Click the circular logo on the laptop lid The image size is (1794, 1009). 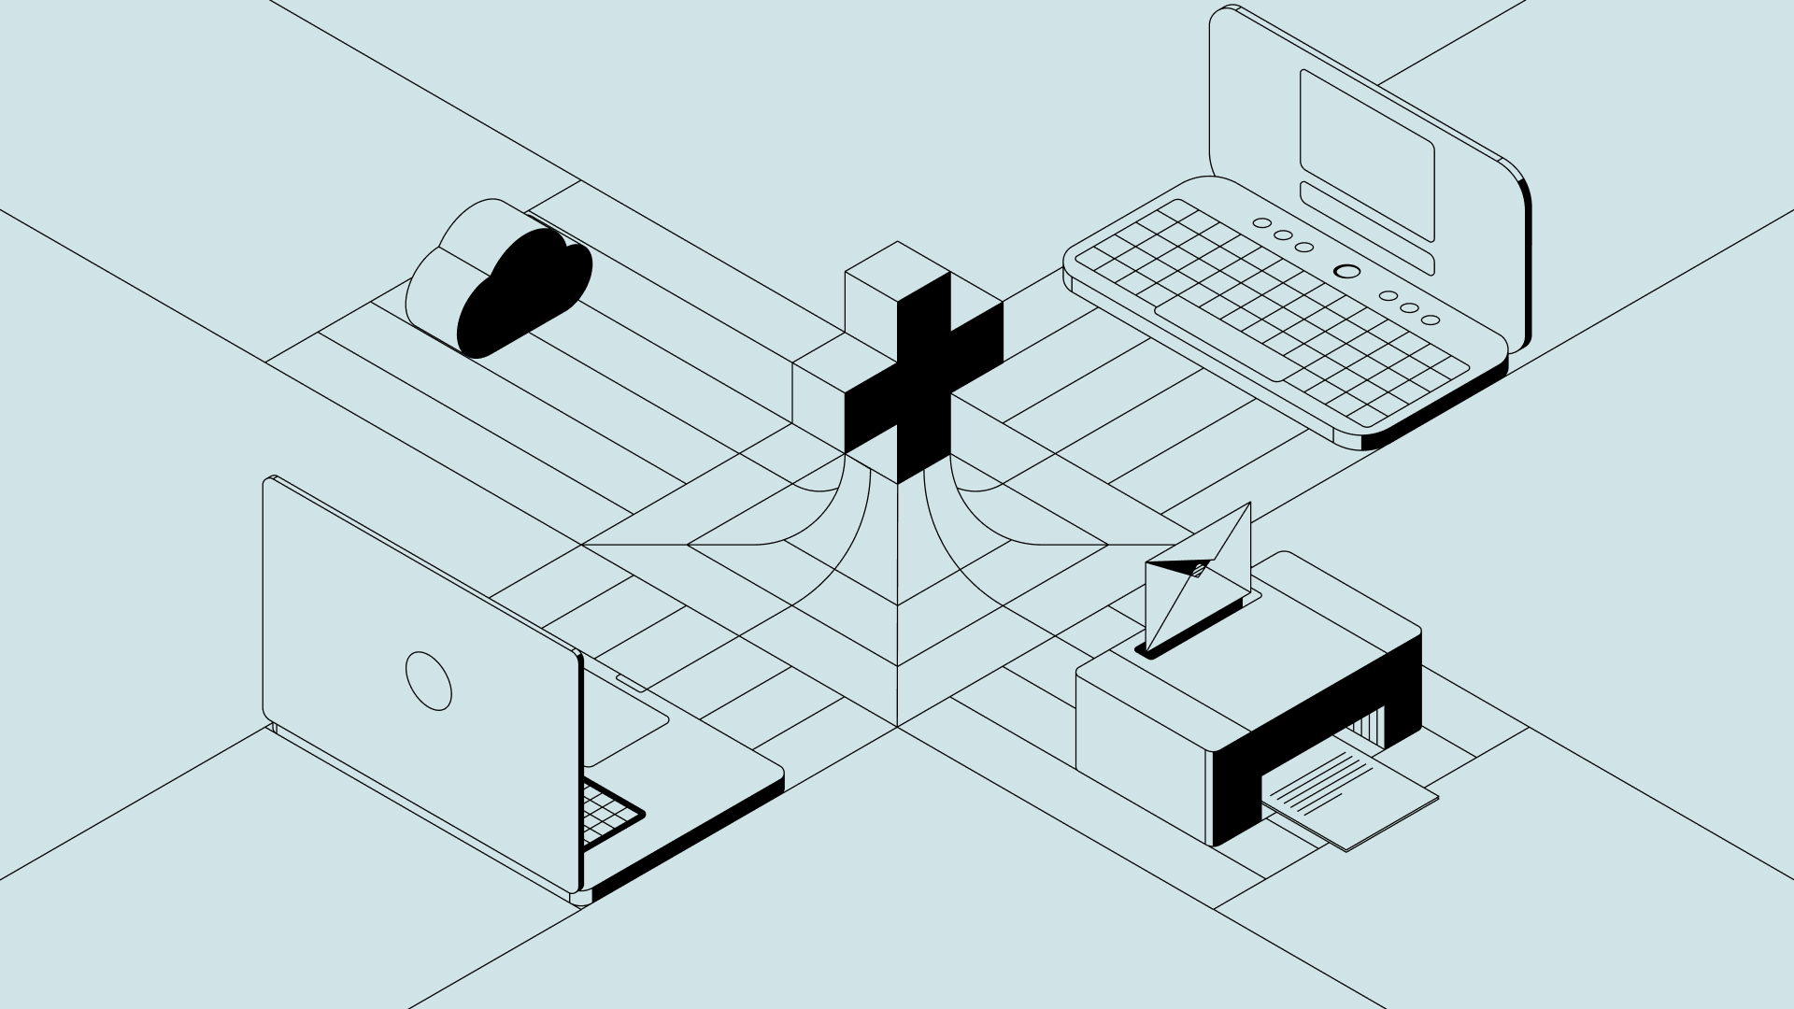(429, 680)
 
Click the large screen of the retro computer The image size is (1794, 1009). (1367, 154)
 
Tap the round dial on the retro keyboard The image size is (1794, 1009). (1346, 271)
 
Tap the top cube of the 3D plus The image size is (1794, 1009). (898, 271)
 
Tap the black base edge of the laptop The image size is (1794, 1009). (691, 841)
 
